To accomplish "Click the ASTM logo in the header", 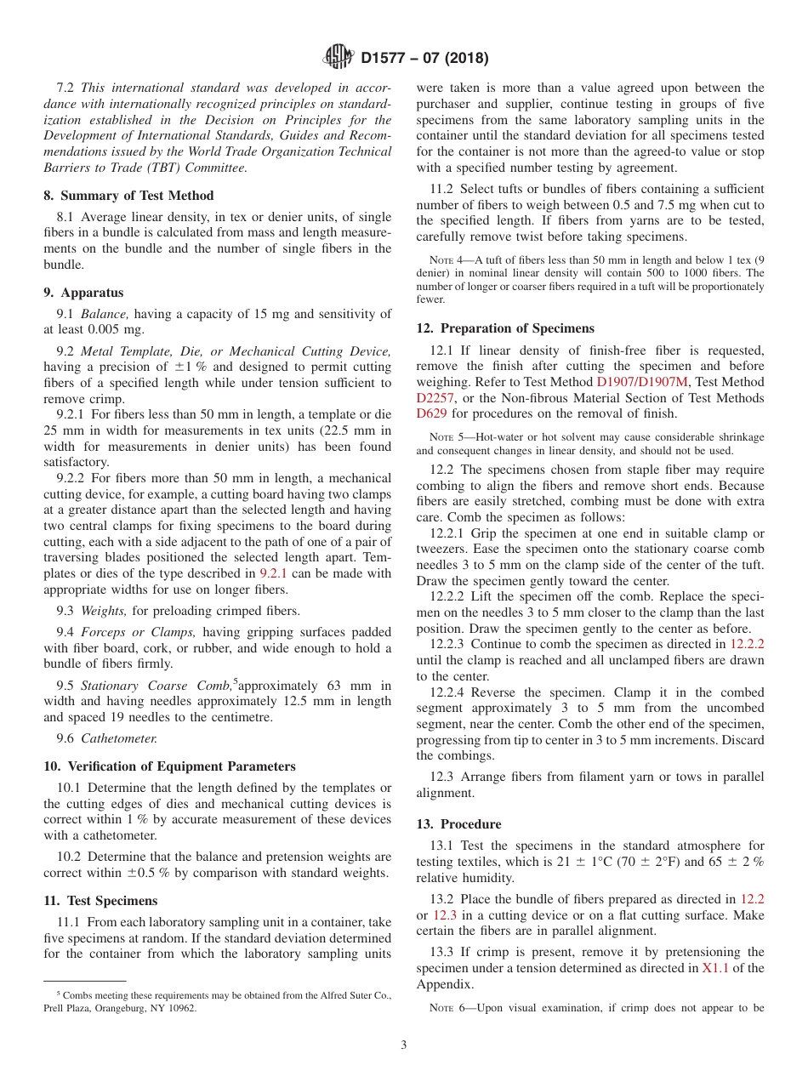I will coord(339,58).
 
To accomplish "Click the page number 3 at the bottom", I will coord(403,1045).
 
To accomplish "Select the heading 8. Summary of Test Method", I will coord(128,196).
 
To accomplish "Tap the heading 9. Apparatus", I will coord(83,293).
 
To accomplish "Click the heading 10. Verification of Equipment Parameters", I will coord(169,766).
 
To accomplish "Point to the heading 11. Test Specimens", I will coord(100,900).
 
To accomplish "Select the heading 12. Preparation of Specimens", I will coord(505,328).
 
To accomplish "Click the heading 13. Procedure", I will coord(458,824).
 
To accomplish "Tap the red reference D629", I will coord(431,414).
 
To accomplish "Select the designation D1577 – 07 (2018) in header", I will coord(424,59).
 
